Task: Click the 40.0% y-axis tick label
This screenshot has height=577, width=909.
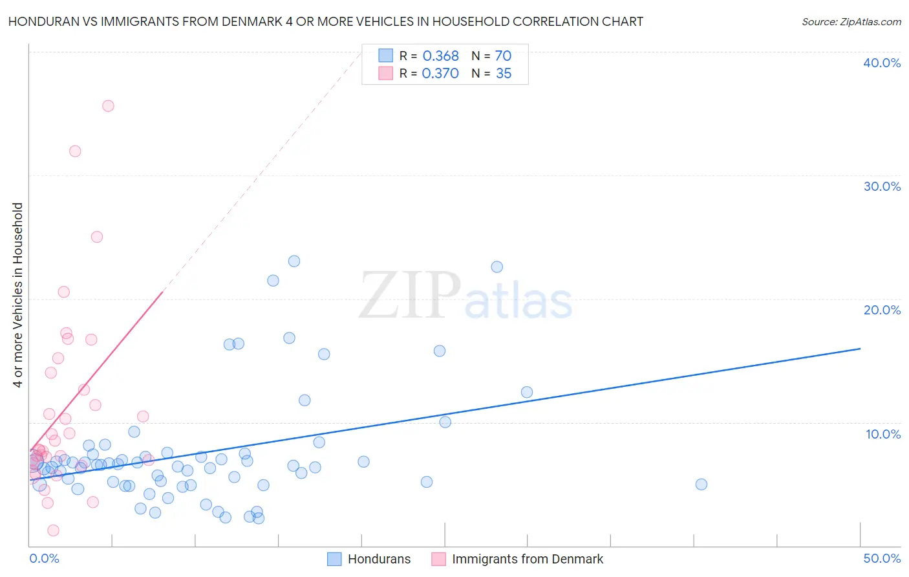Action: (x=882, y=63)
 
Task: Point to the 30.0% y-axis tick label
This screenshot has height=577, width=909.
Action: (x=882, y=186)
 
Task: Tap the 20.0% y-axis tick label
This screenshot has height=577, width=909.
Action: (x=882, y=310)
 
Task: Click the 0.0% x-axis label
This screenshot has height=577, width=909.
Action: (x=44, y=558)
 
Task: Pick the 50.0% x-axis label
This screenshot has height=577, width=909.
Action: (x=882, y=558)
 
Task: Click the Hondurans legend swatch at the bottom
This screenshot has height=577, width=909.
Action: (x=334, y=559)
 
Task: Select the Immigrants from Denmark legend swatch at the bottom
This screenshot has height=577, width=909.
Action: (x=438, y=559)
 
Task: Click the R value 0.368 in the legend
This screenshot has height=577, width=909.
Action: (x=440, y=56)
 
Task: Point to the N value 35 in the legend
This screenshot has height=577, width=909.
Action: (x=504, y=74)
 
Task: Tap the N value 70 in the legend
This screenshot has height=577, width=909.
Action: (x=503, y=56)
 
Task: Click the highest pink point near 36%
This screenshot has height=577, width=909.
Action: (x=108, y=106)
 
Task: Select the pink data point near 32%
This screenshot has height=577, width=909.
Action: (x=75, y=151)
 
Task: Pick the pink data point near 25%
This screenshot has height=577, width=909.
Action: (x=97, y=237)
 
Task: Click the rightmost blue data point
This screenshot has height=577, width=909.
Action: (x=701, y=484)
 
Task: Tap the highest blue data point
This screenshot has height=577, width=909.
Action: (x=294, y=261)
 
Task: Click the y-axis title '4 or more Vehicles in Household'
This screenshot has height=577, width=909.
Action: (x=18, y=295)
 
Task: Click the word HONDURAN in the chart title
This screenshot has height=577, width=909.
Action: (x=40, y=21)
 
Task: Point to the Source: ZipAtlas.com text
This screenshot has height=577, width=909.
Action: (x=851, y=22)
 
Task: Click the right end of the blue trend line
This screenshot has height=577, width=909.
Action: (x=860, y=349)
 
